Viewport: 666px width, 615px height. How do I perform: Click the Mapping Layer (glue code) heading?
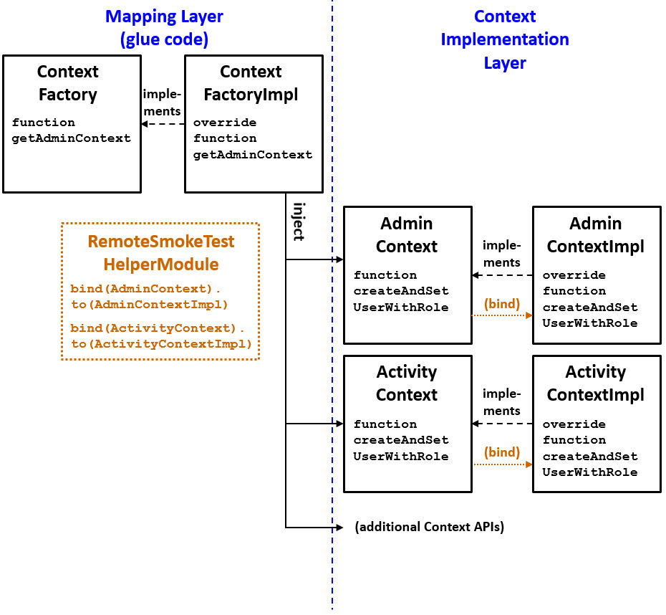(164, 27)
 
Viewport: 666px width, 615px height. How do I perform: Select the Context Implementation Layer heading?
(504, 39)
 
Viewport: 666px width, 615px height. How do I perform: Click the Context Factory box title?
(67, 83)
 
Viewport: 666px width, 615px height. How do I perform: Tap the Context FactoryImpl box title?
(251, 83)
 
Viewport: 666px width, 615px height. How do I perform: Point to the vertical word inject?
(298, 221)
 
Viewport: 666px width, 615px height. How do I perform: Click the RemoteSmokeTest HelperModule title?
(161, 253)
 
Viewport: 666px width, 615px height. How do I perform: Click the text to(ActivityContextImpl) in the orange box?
(161, 344)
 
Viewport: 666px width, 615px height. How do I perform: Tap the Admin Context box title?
(406, 235)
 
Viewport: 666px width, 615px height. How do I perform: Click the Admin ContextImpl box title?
(595, 235)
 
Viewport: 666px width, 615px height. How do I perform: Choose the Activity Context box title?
(406, 383)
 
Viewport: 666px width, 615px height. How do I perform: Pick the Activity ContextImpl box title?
(595, 383)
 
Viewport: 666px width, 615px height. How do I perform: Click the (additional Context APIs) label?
(429, 527)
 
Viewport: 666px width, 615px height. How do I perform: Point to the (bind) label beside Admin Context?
(501, 303)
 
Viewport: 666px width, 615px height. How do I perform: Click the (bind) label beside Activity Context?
(501, 452)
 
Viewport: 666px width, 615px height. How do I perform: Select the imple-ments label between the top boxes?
(162, 102)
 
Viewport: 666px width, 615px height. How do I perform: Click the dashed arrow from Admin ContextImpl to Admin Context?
(501, 275)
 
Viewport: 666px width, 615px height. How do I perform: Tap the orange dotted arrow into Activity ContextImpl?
(501, 464)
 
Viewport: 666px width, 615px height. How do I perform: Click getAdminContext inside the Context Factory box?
(71, 138)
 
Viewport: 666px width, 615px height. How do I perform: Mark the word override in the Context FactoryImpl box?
(224, 123)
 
